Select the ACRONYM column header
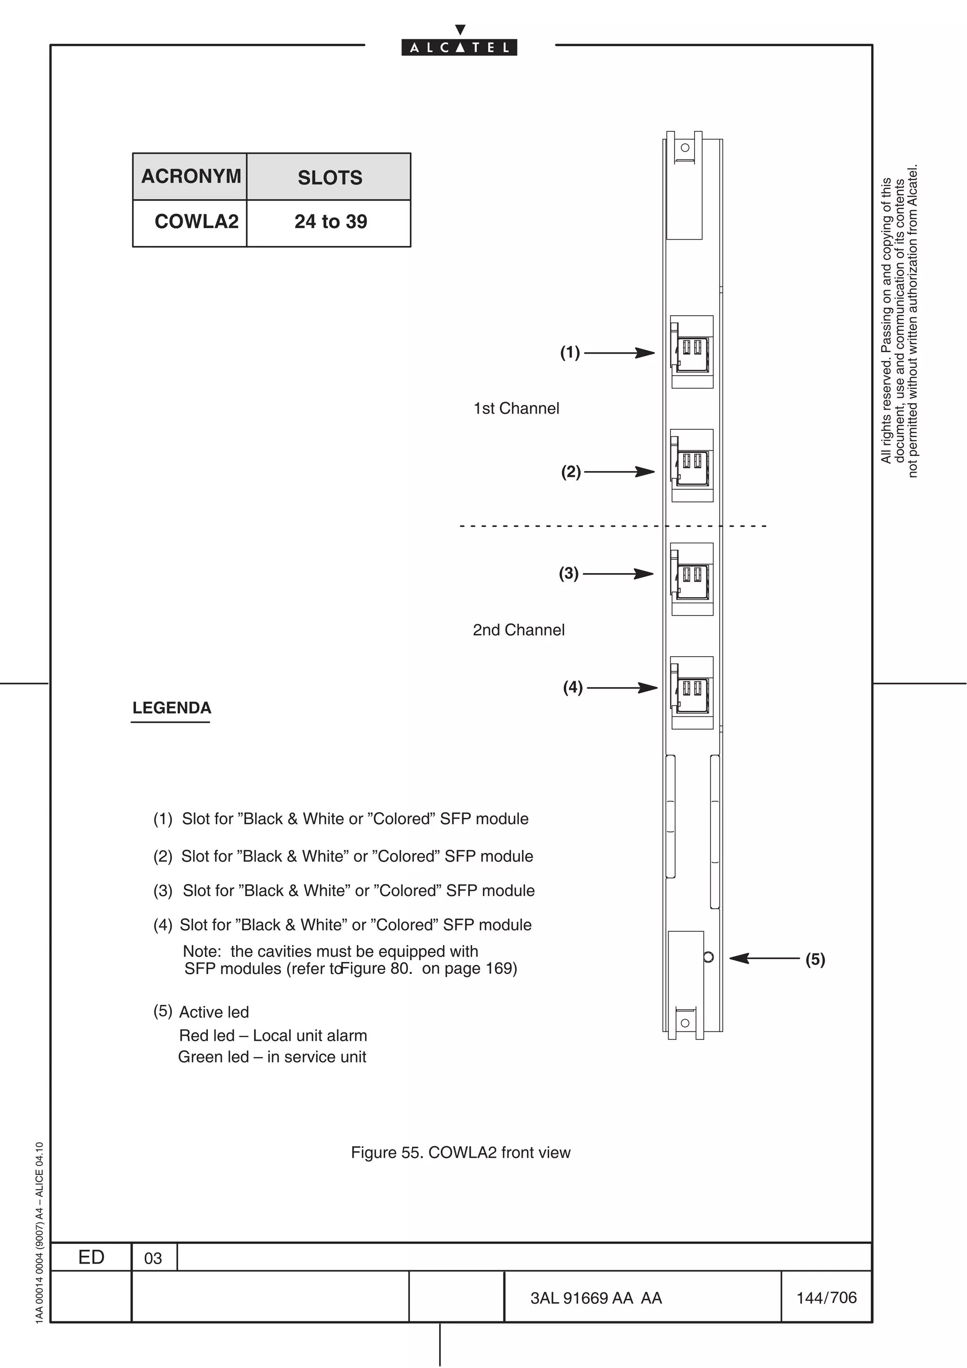(x=190, y=177)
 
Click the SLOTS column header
(x=330, y=177)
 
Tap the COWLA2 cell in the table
(x=196, y=222)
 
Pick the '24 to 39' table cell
(x=330, y=222)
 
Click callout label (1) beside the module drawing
(x=569, y=353)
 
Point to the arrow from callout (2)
(x=619, y=472)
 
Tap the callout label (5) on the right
(x=815, y=959)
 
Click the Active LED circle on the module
(x=708, y=957)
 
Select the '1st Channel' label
(x=516, y=409)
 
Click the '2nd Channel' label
(x=518, y=630)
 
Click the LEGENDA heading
(x=171, y=708)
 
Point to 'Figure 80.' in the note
(x=376, y=968)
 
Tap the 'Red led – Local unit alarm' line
(x=273, y=1036)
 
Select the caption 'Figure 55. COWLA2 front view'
(x=460, y=1152)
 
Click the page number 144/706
(x=826, y=1297)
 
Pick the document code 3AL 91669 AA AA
(x=596, y=1298)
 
